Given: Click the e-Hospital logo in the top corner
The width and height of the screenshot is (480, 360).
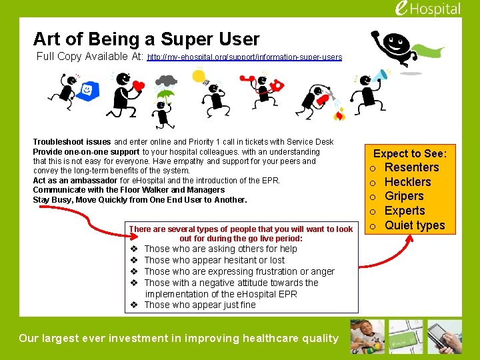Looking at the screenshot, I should tap(427, 9).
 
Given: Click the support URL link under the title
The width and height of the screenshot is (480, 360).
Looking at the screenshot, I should tap(244, 57).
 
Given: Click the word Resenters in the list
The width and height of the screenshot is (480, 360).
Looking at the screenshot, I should tap(411, 167).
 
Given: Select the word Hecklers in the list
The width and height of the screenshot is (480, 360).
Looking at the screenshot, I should tap(407, 182).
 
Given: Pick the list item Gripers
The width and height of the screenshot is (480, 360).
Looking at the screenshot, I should tap(404, 196).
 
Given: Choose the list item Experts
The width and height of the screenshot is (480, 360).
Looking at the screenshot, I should tap(405, 211).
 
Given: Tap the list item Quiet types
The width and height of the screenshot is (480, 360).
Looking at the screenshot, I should tap(415, 225).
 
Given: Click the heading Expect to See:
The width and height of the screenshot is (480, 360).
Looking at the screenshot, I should tap(409, 154).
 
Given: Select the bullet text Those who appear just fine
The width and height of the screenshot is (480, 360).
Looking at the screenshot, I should tap(199, 305).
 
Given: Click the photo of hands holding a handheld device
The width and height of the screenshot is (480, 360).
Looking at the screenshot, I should tap(445, 337).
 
